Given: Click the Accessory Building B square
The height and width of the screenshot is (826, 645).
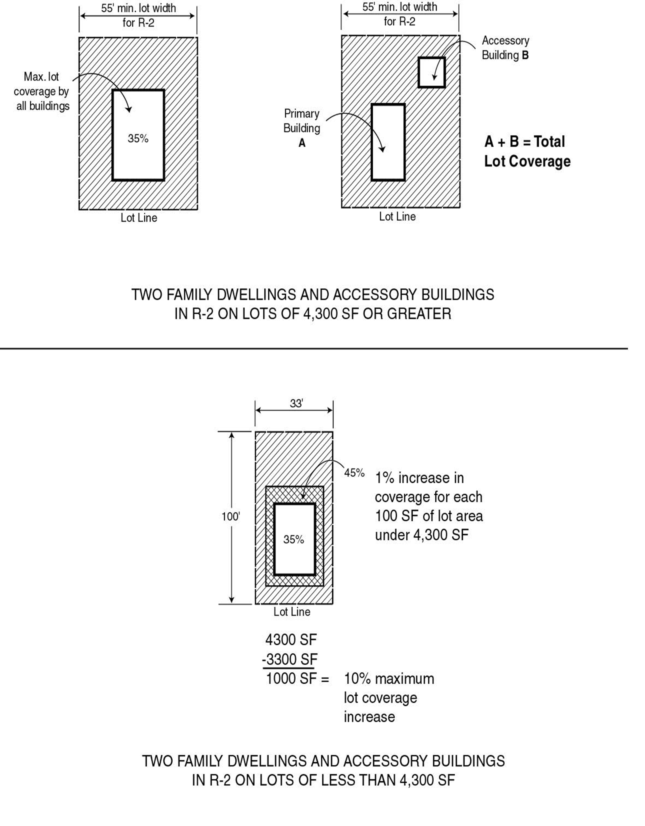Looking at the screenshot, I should [x=431, y=72].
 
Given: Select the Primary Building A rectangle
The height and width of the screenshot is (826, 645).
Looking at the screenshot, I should [x=388, y=142].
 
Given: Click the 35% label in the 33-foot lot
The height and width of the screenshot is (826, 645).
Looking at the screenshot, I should [x=294, y=539].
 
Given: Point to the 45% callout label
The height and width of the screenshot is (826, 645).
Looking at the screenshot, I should [x=354, y=473].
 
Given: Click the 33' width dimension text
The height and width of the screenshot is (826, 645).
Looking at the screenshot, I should [x=296, y=404].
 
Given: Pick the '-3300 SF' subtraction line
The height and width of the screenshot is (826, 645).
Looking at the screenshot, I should [x=290, y=659].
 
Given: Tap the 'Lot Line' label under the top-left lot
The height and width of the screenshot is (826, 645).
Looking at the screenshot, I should [x=139, y=218].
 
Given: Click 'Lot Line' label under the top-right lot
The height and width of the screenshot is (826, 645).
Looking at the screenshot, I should [x=397, y=217].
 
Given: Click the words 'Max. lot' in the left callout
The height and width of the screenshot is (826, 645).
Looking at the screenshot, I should [x=41, y=77].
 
